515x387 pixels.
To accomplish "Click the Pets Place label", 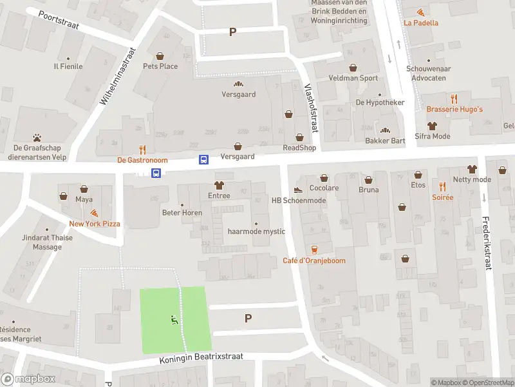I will pos(160,66).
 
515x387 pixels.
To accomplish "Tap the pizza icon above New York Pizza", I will pos(95,212).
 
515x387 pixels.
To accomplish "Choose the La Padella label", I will pos(421,23).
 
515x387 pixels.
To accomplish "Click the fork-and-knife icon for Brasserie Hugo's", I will pos(454,99).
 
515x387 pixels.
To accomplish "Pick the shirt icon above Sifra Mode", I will pos(432,126).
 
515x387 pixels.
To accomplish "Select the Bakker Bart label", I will pos(385,141).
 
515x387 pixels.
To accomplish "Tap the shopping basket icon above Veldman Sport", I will pos(353,68).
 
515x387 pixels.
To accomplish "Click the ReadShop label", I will pos(300,148).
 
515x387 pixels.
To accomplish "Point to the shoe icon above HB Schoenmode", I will pos(297,190).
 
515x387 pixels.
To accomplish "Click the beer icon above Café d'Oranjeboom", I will pos(314,250).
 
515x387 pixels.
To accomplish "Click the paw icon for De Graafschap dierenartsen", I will pos(37,137).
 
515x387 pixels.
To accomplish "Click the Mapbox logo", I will pos(28,379).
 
